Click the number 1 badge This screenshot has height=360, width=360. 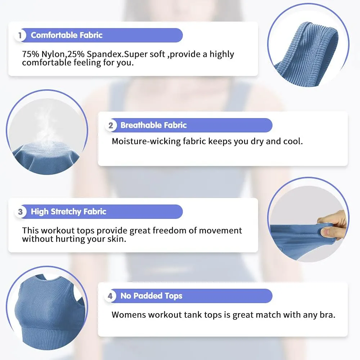(20, 35)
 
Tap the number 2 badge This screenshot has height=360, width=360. (111, 125)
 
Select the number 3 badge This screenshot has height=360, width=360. (21, 212)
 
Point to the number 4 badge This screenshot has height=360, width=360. (111, 296)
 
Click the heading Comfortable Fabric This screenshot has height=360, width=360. (67, 35)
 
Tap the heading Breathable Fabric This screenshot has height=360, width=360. (154, 125)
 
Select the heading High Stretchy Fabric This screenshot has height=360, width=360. (69, 212)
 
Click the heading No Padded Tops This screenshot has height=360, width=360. (151, 296)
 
